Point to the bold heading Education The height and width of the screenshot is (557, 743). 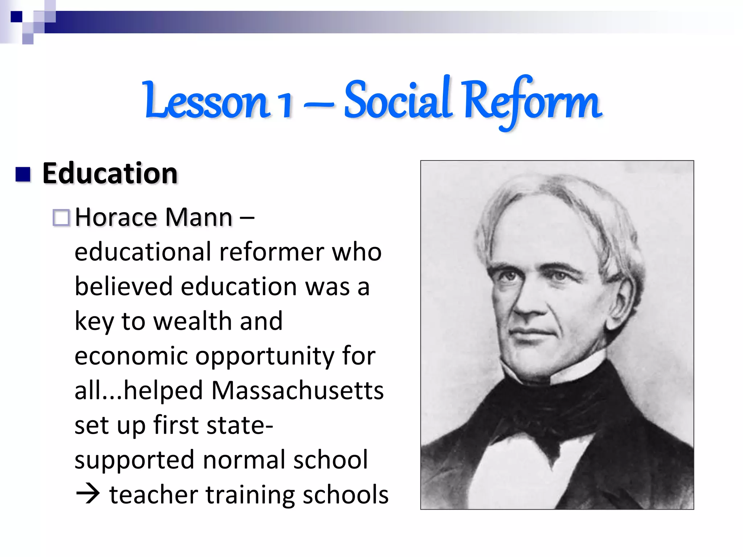click(x=110, y=173)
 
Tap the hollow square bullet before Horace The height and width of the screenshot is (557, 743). click(x=61, y=218)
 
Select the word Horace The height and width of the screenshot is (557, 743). click(x=116, y=217)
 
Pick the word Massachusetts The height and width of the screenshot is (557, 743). click(x=297, y=391)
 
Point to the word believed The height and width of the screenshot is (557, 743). click(x=124, y=286)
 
